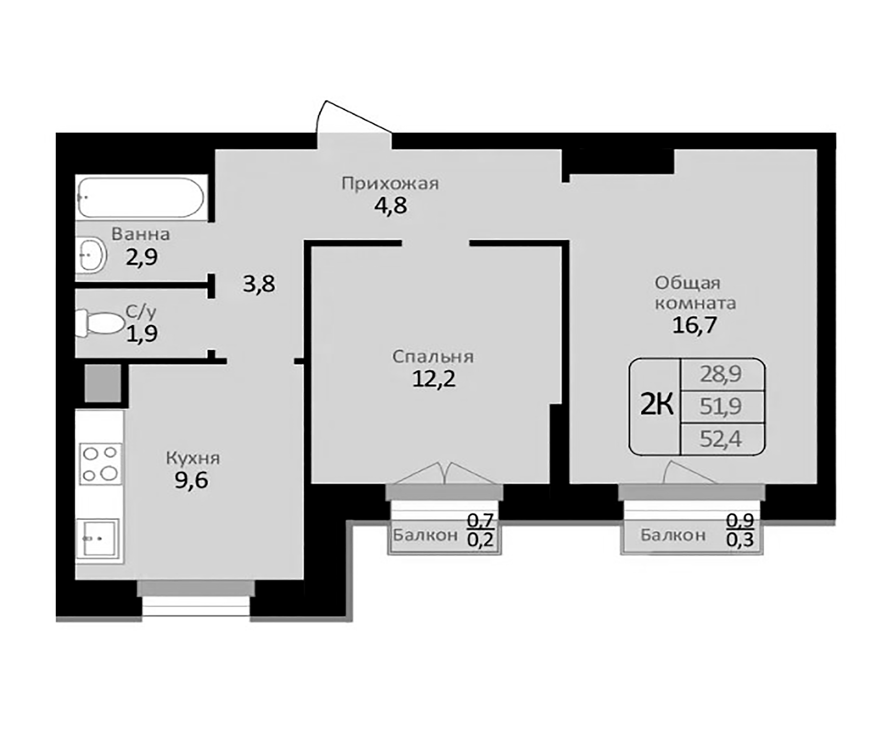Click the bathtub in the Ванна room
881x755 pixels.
pyautogui.click(x=141, y=198)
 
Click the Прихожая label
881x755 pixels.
pyautogui.click(x=390, y=184)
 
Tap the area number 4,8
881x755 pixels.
pyautogui.click(x=390, y=206)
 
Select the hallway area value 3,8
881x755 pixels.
pyautogui.click(x=259, y=284)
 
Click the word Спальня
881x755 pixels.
pyautogui.click(x=433, y=357)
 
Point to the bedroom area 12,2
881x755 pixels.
pyautogui.click(x=434, y=379)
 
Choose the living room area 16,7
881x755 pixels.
pyautogui.click(x=694, y=325)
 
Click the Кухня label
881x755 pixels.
pyautogui.click(x=193, y=458)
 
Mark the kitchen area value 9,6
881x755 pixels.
pyautogui.click(x=191, y=480)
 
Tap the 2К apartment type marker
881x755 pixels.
pyautogui.click(x=657, y=405)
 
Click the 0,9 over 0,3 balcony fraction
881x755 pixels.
pyautogui.click(x=740, y=531)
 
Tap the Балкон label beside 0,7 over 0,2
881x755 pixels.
pyautogui.click(x=425, y=535)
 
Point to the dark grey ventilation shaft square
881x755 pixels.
pyautogui.click(x=102, y=383)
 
